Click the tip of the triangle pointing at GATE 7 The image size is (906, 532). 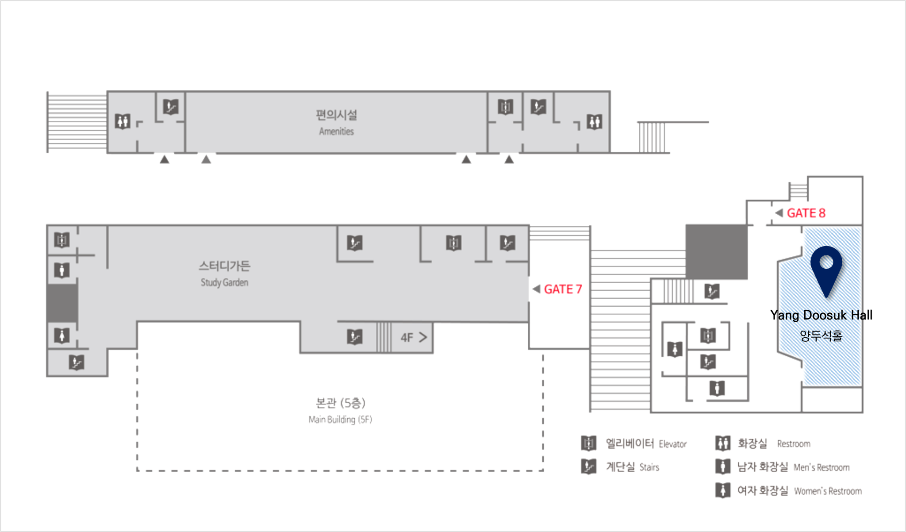(x=533, y=289)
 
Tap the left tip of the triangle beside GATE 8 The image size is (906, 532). (x=775, y=213)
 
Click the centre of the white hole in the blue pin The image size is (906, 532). (x=826, y=262)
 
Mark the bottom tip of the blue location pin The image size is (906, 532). (x=826, y=297)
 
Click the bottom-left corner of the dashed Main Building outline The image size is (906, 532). (x=138, y=470)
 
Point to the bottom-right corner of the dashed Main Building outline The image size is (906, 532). (x=543, y=470)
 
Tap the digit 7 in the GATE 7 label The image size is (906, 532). (x=578, y=289)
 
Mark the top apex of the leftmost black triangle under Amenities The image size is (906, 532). (x=165, y=155)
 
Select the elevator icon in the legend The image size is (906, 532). (x=588, y=443)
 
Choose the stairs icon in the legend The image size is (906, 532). (x=588, y=466)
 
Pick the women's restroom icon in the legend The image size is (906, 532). (x=722, y=490)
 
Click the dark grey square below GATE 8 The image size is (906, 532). (x=717, y=252)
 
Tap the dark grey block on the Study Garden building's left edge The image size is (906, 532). (x=62, y=303)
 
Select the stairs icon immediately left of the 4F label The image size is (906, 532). (x=355, y=337)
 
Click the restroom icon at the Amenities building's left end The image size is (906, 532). (x=123, y=121)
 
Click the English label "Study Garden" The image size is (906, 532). (x=224, y=282)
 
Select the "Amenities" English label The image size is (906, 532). (x=336, y=131)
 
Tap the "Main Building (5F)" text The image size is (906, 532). (x=340, y=419)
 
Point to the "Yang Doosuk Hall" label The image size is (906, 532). (x=821, y=315)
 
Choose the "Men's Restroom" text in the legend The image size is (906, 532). (x=822, y=467)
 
